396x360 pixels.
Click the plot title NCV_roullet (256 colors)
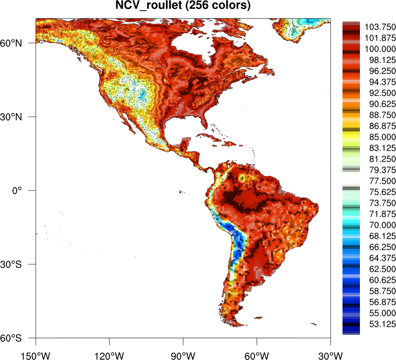tap(183, 6)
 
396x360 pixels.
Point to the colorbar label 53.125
tap(380, 324)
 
